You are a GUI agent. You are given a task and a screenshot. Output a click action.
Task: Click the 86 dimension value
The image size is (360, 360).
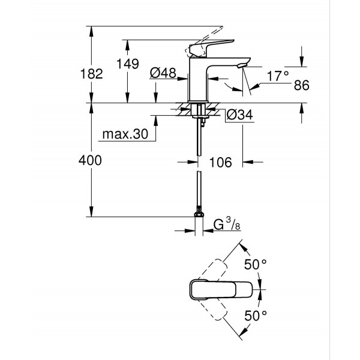(x=301, y=86)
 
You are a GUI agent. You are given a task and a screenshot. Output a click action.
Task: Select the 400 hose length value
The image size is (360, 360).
(x=91, y=160)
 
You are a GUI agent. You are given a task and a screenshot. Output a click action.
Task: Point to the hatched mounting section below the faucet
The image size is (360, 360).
(x=199, y=110)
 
